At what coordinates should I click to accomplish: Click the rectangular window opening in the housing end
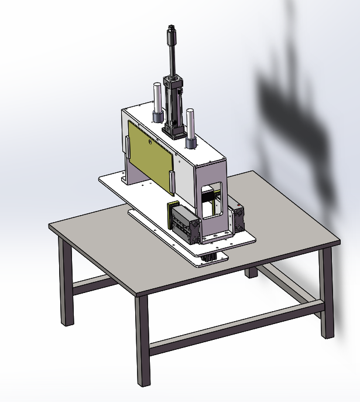212,199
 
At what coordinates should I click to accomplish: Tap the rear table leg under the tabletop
252,272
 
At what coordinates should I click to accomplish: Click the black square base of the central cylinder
173,130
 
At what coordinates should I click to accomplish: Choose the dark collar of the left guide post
157,115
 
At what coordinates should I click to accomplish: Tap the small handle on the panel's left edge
126,147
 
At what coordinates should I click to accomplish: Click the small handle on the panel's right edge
171,182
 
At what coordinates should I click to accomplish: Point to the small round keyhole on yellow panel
150,142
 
